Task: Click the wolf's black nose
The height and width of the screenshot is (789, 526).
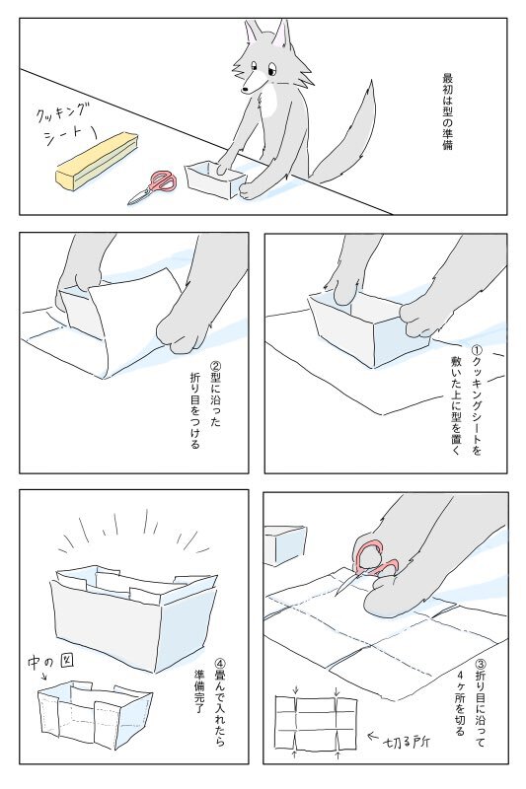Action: [x=245, y=90]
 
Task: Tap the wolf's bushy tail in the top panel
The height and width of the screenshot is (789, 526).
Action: [x=348, y=136]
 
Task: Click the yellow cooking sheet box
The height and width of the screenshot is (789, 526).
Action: [x=97, y=161]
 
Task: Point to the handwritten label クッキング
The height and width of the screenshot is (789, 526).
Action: [x=63, y=112]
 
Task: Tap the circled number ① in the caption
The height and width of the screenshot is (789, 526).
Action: [x=475, y=349]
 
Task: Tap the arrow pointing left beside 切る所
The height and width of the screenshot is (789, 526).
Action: [x=373, y=736]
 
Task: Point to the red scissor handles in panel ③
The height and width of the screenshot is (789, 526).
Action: [x=374, y=559]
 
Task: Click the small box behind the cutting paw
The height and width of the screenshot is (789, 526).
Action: [x=285, y=545]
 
